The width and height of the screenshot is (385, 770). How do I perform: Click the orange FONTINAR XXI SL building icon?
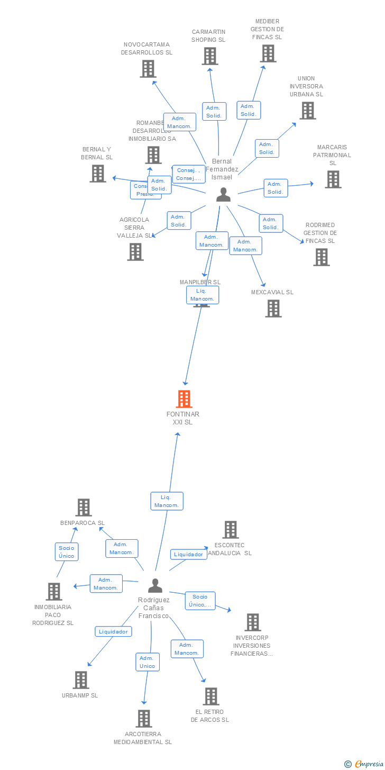pos(184,398)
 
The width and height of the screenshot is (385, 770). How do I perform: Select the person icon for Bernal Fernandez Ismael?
pos(224,195)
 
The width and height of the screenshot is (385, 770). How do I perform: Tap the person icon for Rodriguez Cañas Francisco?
pos(155,585)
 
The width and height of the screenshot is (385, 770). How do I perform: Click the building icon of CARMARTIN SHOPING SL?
pos(209,56)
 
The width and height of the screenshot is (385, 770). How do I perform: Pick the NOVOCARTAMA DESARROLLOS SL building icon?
pos(148,68)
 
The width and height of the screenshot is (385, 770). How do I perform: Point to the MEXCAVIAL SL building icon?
pos(273,308)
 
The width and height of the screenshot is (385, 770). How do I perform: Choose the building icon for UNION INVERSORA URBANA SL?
pos(307,110)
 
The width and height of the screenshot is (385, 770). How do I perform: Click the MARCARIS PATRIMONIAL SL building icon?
pos(333,179)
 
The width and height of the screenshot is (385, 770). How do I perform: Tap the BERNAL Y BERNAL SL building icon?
pos(97,173)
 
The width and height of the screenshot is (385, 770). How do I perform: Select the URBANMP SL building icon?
pos(80,680)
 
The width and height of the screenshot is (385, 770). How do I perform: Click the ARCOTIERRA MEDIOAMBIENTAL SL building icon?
pos(144,718)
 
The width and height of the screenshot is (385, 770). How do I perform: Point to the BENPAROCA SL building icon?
pos(83,507)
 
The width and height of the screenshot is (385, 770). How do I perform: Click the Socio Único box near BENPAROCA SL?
pos(67,551)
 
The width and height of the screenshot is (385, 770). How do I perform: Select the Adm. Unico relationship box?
pos(148,662)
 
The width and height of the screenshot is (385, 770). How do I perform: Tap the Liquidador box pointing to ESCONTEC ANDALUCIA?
pos(188,554)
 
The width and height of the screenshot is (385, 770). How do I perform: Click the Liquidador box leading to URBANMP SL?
pos(113,631)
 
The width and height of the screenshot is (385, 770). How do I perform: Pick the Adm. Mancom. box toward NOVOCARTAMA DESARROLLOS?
pos(179,122)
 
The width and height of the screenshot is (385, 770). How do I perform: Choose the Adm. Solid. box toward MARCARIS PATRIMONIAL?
pos(276,188)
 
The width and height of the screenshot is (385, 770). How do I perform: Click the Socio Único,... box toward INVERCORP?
pos(200,601)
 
